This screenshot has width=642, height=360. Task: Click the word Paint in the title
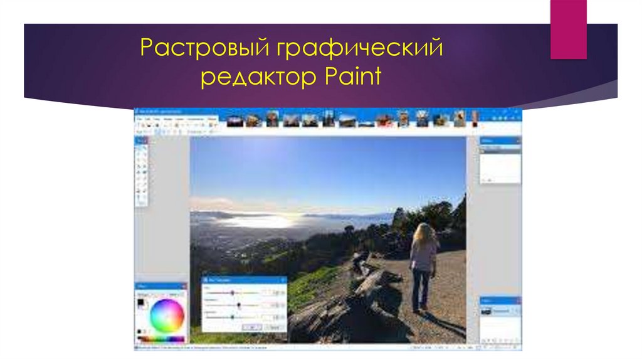click(x=353, y=78)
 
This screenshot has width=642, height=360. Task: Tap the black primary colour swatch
click(x=142, y=304)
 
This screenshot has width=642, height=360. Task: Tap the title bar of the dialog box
click(x=245, y=279)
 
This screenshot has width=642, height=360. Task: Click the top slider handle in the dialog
click(x=233, y=292)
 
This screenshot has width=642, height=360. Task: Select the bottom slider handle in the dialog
click(x=232, y=317)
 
